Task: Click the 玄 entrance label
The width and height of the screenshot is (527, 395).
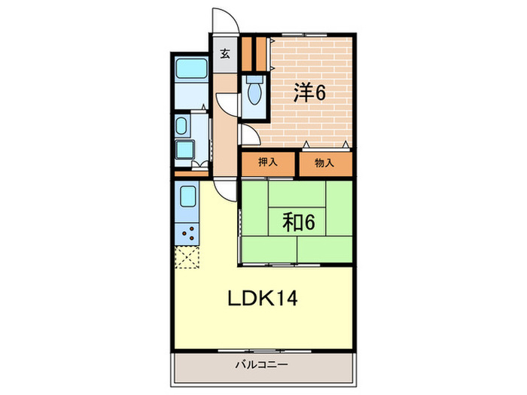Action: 225,53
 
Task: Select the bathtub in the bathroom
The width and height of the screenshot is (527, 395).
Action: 191,68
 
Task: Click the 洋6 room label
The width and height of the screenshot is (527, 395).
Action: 310,93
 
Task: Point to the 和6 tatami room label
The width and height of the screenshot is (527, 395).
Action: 299,222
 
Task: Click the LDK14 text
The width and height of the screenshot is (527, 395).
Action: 263,298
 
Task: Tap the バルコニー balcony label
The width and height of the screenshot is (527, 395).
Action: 261,364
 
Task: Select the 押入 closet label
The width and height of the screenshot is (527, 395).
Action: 268,163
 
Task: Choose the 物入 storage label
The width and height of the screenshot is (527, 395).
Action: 324,163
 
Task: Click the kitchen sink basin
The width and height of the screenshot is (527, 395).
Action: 187,196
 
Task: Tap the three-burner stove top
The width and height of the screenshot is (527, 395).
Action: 187,234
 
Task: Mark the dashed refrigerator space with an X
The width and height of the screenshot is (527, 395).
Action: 187,257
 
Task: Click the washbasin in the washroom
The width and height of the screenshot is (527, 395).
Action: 181,126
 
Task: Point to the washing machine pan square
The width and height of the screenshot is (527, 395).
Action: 184,150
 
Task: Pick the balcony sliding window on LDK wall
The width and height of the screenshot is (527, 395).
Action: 265,351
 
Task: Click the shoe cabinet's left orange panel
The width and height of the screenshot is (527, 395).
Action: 247,53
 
